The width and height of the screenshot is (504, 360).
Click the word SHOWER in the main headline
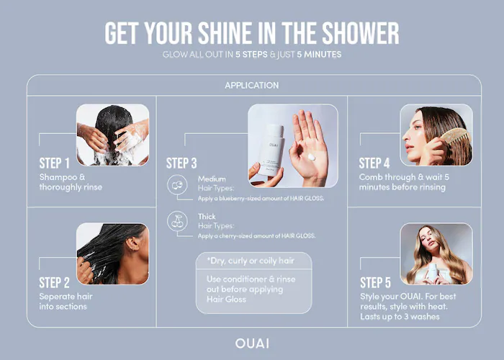[x=360, y=33]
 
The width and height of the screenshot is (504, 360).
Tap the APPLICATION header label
[x=252, y=86]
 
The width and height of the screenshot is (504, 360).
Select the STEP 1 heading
[x=54, y=163]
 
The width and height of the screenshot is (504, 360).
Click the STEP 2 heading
[x=54, y=283]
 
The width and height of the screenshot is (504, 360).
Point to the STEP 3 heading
[x=181, y=163]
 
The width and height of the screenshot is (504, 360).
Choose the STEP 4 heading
[x=374, y=163]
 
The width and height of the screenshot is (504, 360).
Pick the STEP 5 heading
[x=375, y=283]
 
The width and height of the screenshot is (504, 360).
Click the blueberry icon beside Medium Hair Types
[x=177, y=185]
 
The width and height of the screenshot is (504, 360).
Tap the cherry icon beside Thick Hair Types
[x=177, y=221]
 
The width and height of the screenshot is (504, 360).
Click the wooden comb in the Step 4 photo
[x=456, y=138]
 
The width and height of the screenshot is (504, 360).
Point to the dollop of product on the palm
[x=311, y=157]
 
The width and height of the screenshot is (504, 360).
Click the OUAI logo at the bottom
[x=252, y=343]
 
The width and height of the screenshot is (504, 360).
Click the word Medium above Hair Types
[x=212, y=179]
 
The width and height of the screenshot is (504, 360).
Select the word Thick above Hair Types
[x=207, y=217]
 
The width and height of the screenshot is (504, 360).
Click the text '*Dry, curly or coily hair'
[x=251, y=261]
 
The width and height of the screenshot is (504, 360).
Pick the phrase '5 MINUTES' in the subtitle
[x=319, y=55]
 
